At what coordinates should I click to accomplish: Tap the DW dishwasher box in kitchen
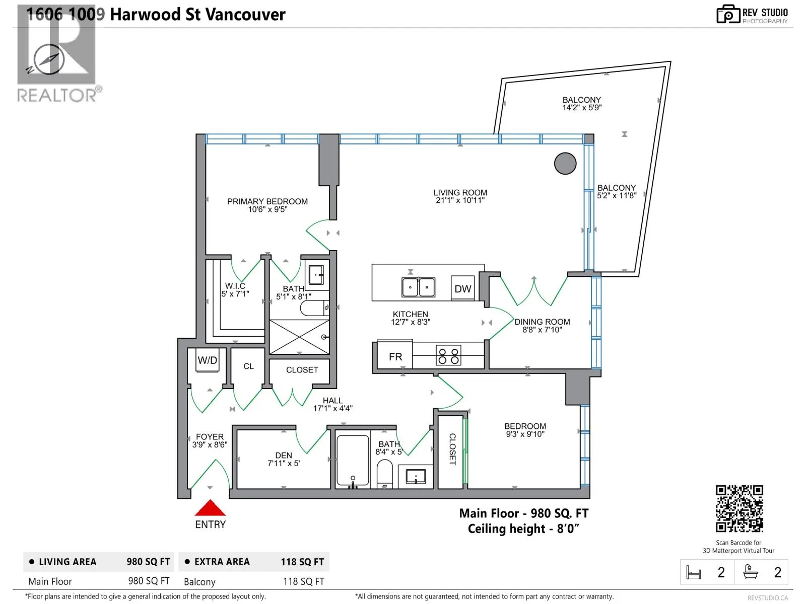462,288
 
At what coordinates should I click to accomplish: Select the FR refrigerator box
395,356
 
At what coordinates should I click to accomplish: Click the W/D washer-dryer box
208,360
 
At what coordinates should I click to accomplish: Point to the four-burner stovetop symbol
448,355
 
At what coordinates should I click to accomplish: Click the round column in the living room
565,163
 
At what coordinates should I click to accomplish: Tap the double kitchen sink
418,287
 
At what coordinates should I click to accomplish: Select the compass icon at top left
46,60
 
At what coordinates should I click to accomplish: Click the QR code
739,508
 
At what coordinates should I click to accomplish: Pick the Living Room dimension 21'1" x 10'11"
460,200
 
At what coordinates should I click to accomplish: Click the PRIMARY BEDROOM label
267,201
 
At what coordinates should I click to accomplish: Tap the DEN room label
284,455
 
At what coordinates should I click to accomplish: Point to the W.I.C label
235,286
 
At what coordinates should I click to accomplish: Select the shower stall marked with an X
299,337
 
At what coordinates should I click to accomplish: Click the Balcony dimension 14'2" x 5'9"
582,107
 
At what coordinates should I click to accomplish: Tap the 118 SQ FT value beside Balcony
303,582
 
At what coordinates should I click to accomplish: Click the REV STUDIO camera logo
728,14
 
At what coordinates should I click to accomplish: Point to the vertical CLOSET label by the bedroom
452,449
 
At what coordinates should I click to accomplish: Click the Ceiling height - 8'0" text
523,529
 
